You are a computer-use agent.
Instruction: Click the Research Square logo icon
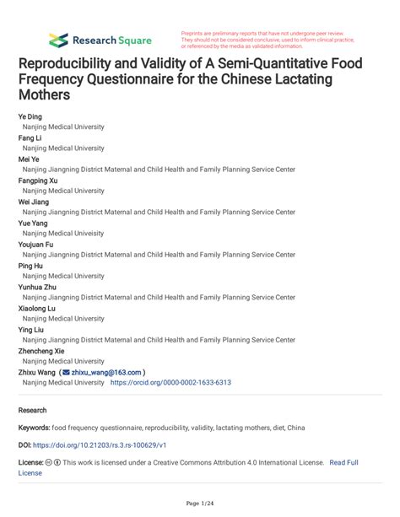click(58, 40)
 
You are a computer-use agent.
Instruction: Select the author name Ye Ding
click(30, 116)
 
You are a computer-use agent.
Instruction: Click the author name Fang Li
click(30, 137)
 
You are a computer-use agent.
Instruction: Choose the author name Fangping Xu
click(38, 180)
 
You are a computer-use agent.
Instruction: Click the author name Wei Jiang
click(34, 202)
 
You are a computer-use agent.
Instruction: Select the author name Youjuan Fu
click(36, 244)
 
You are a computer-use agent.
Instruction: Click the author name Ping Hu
click(30, 266)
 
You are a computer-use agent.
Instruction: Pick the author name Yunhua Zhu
click(36, 287)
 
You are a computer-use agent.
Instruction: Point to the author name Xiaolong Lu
click(37, 308)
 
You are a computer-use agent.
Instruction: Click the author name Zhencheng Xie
click(41, 351)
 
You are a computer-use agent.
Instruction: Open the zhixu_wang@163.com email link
click(106, 372)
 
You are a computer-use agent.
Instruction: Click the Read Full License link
click(343, 462)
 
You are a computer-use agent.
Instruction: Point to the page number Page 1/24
click(199, 503)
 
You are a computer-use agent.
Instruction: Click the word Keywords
click(36, 428)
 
